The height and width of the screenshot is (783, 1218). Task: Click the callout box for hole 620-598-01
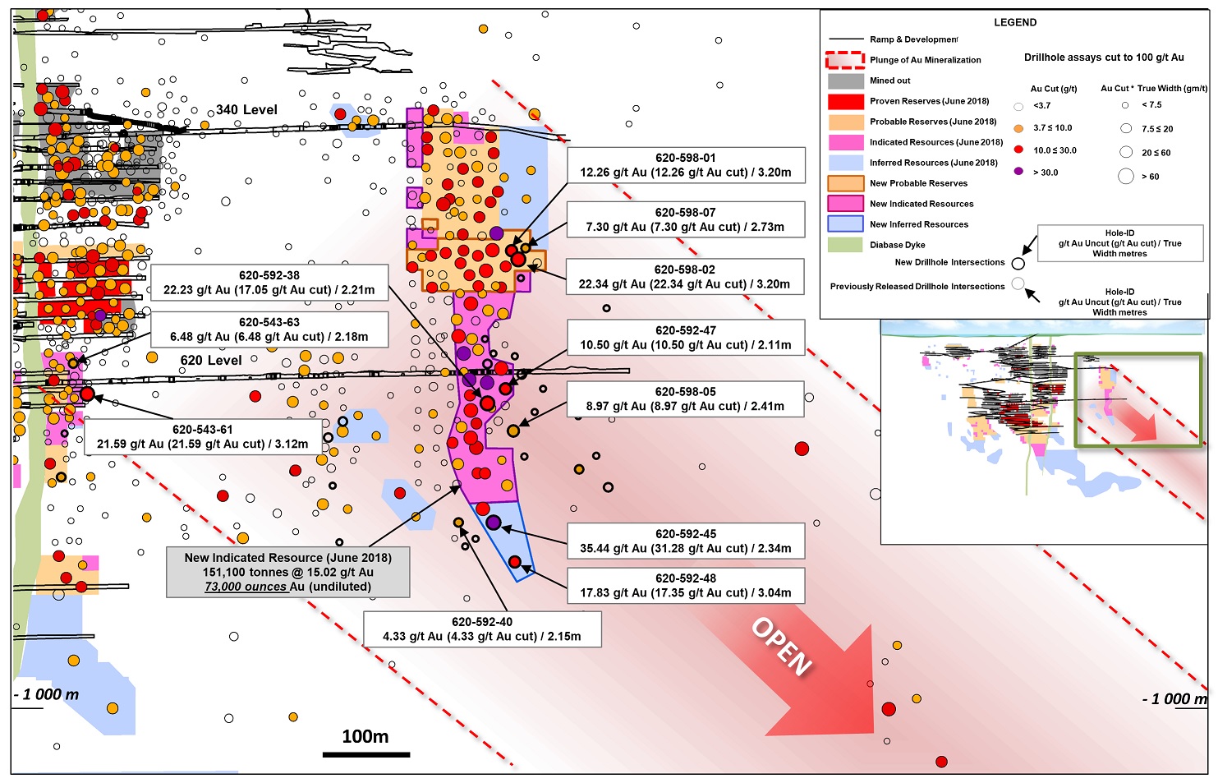click(x=686, y=165)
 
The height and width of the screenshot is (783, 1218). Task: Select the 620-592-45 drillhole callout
click(x=686, y=541)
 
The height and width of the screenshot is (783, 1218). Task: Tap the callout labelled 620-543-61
click(x=203, y=437)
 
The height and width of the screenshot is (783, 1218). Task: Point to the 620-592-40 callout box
click(x=482, y=629)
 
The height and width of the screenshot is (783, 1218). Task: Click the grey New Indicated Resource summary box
click(x=288, y=573)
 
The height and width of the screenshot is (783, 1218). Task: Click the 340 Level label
click(x=247, y=110)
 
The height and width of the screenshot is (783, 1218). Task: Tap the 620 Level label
click(x=211, y=360)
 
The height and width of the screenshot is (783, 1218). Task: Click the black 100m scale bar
click(x=366, y=755)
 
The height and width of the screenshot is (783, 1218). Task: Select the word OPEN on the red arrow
click(x=781, y=647)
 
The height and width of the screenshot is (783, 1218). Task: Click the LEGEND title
click(x=1015, y=22)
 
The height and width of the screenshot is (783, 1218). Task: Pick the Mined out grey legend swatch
click(x=845, y=81)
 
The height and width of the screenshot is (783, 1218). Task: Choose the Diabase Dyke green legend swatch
click(x=845, y=245)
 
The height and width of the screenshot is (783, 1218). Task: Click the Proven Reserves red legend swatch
click(x=845, y=101)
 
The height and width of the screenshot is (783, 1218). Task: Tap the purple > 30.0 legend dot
click(x=1018, y=172)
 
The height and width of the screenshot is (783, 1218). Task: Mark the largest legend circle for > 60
click(x=1125, y=177)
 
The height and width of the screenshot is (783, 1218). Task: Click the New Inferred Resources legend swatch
click(x=845, y=224)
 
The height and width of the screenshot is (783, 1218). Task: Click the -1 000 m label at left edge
click(x=46, y=694)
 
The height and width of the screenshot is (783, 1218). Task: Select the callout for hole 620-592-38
click(x=269, y=283)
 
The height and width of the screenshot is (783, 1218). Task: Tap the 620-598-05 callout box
click(x=685, y=398)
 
